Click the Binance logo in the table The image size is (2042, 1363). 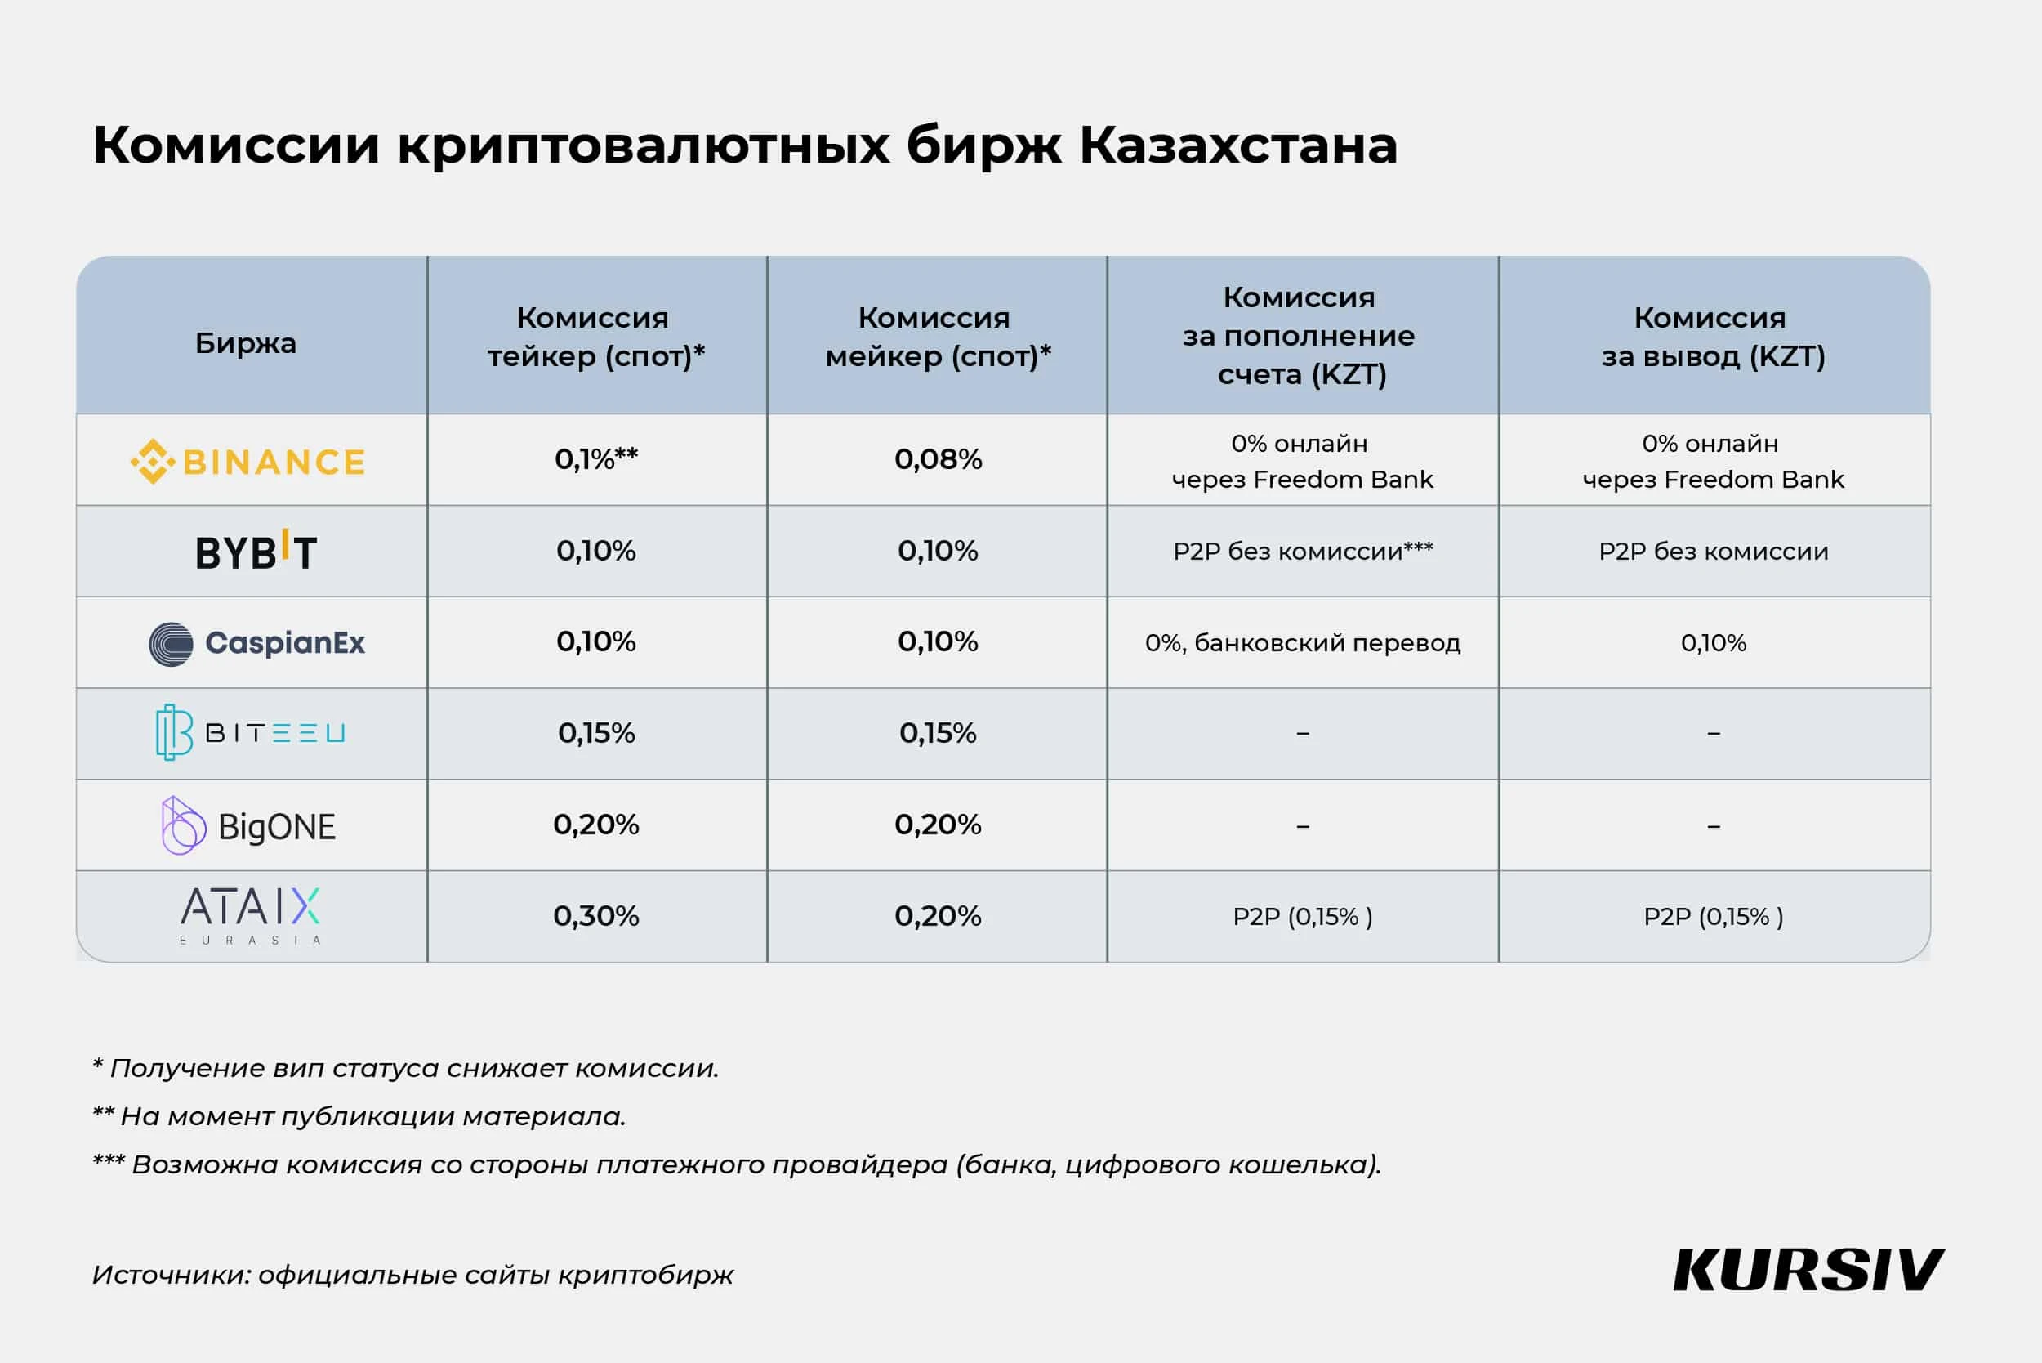point(248,461)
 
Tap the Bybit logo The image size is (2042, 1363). point(256,551)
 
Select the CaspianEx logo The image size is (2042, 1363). point(257,643)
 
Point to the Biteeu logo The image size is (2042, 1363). point(250,733)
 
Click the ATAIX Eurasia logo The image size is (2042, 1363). point(250,915)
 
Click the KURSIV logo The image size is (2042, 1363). point(1808,1270)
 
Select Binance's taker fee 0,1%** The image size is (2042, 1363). point(596,459)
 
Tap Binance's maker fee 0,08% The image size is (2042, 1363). point(938,459)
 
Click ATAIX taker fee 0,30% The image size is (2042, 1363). point(596,916)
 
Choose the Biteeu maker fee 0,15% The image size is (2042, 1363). point(938,733)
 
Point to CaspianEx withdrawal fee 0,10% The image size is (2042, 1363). point(1713,643)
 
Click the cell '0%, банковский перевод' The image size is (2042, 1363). point(1302,643)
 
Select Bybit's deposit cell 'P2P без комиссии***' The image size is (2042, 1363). point(1302,551)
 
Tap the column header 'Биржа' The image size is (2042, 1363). point(246,343)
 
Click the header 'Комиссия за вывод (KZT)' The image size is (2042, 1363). point(1712,337)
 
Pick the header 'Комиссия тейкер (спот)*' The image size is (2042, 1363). point(595,337)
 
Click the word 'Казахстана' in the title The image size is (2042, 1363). point(1237,145)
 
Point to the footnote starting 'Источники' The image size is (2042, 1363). point(412,1274)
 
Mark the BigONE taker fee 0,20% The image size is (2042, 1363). point(596,824)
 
